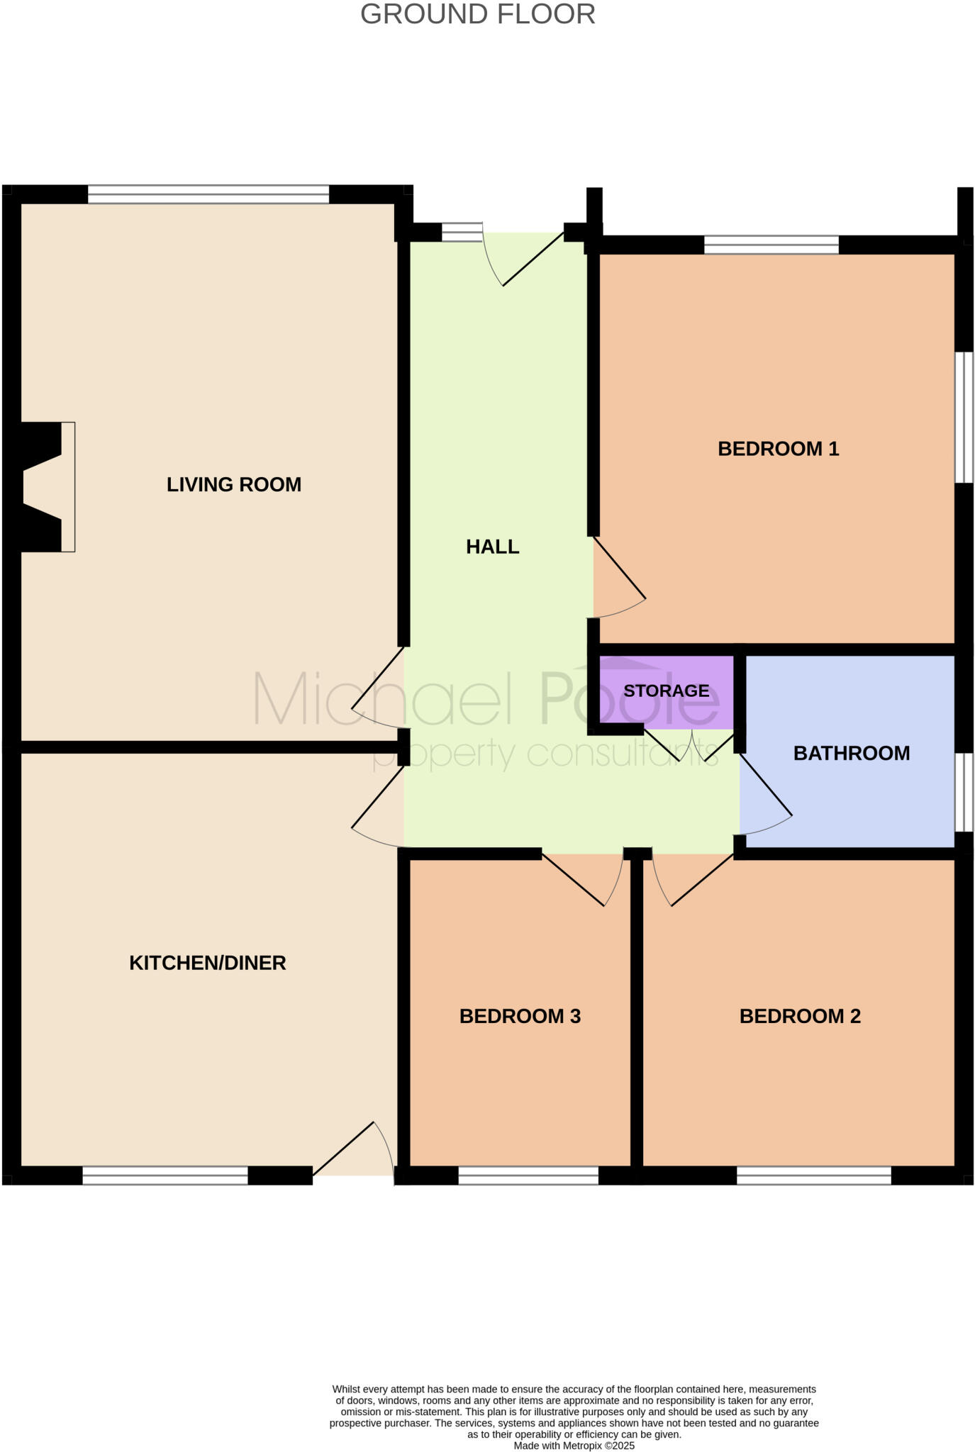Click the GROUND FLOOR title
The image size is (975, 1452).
[477, 14]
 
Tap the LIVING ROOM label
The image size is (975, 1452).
[234, 484]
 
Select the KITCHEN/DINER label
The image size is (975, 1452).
[207, 963]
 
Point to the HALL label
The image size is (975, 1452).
[492, 547]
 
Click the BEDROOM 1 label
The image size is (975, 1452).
[778, 449]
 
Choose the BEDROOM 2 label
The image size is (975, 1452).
[799, 1016]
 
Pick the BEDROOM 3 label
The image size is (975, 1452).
[520, 1016]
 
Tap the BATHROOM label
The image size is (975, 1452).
[851, 753]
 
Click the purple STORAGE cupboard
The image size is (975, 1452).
[666, 691]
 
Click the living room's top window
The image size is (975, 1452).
[208, 194]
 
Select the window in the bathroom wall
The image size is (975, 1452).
[963, 791]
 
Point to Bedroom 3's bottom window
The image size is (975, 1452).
[528, 1176]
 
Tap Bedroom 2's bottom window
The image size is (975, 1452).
[813, 1176]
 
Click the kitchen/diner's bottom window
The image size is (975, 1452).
[165, 1176]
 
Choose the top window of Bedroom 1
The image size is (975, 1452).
[771, 245]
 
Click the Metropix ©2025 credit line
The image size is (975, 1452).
[574, 1446]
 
